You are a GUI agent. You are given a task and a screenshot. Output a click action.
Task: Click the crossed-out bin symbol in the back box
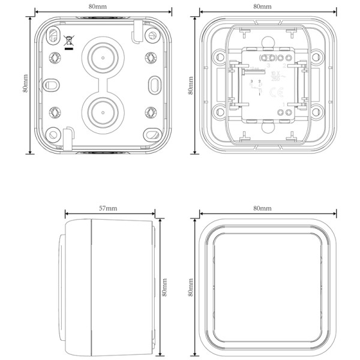[x=69, y=42]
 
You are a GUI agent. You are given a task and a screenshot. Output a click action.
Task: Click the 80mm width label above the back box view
[x=103, y=6]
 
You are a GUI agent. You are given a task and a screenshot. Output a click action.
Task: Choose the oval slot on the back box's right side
[x=154, y=83]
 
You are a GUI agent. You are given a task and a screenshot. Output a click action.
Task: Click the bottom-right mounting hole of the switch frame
[x=316, y=109]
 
